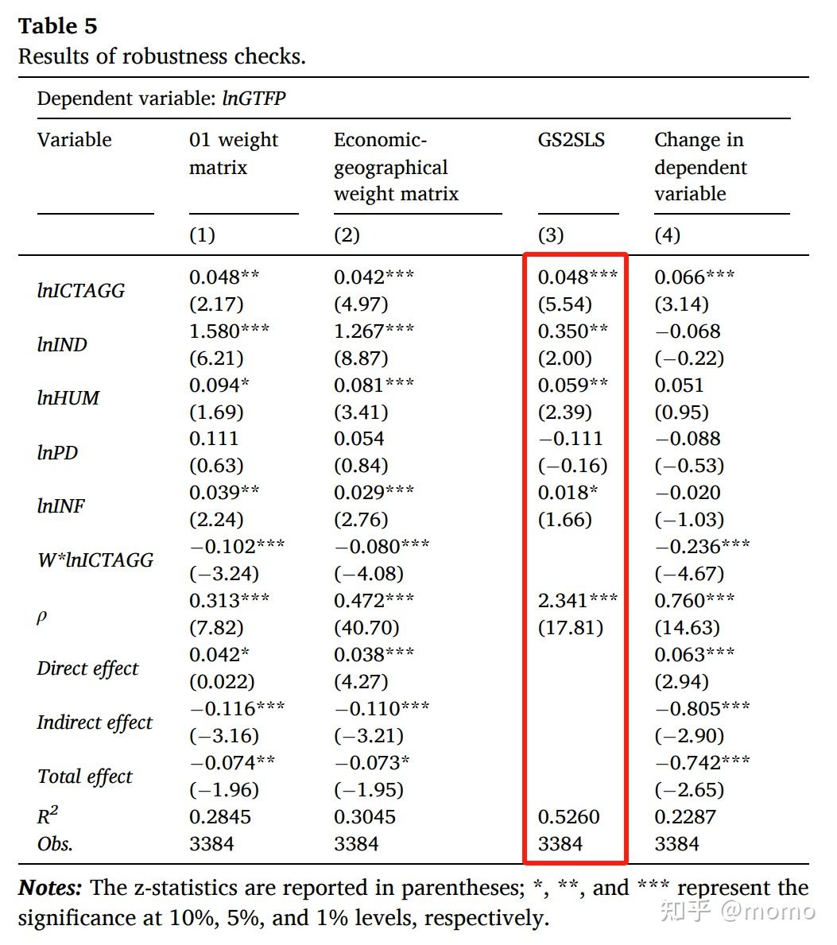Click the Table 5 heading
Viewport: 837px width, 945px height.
(x=57, y=26)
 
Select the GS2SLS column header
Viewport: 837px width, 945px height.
(x=571, y=140)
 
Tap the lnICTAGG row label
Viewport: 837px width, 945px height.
(x=80, y=291)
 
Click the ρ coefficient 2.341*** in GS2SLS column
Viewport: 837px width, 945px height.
(x=577, y=600)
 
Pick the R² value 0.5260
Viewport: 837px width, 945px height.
(x=568, y=816)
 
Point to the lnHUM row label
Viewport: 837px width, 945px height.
(x=68, y=398)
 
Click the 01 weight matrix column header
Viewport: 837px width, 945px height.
(x=233, y=153)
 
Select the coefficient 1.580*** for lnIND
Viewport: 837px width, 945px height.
(x=229, y=331)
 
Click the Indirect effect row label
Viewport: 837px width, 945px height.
(x=94, y=722)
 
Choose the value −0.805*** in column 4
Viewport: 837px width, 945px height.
(x=701, y=708)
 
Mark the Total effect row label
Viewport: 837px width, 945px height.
(x=84, y=777)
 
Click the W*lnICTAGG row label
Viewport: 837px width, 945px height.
(x=95, y=560)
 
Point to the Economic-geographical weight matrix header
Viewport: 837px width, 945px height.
(x=395, y=167)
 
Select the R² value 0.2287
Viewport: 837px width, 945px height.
(x=684, y=816)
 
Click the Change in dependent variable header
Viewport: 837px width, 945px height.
(x=699, y=167)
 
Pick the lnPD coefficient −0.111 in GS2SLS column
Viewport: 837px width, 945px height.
(x=570, y=439)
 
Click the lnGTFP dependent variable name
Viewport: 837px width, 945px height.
(x=254, y=99)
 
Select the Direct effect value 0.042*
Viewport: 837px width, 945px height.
(x=219, y=654)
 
